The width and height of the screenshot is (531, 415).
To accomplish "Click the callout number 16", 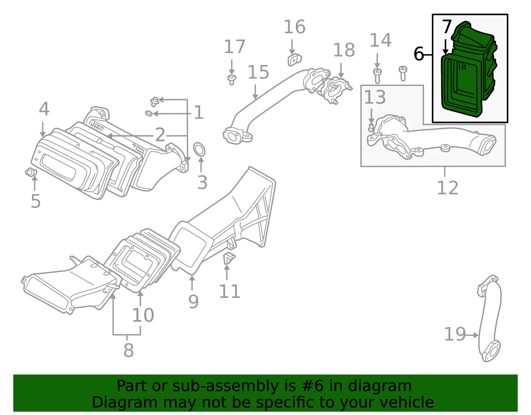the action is click(x=294, y=27).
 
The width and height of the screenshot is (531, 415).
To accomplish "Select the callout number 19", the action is click(x=455, y=334).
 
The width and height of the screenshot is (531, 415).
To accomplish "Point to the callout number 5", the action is click(x=36, y=201).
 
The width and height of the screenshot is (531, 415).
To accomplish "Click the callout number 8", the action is click(x=128, y=350).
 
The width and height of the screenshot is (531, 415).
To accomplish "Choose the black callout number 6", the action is click(x=418, y=54).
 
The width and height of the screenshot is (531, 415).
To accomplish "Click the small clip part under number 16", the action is click(x=295, y=59).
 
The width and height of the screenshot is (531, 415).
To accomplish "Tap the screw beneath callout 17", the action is click(x=232, y=80).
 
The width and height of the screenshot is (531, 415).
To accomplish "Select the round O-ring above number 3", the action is click(x=199, y=150).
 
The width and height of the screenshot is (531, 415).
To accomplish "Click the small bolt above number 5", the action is click(x=31, y=172).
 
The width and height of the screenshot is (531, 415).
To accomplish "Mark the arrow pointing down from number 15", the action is click(x=255, y=92).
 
